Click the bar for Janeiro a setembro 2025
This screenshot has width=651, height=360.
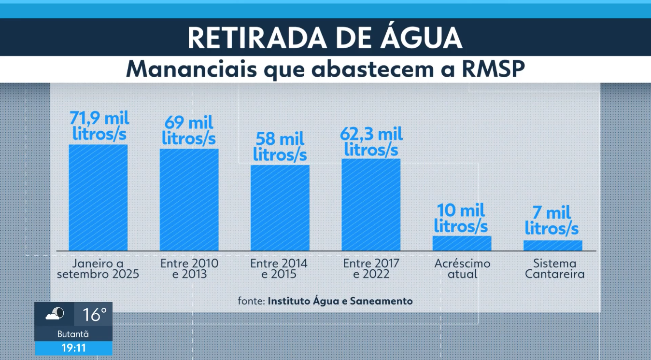(98, 197)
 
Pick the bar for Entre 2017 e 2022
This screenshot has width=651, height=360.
(371, 205)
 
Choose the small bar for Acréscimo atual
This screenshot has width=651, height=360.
(462, 243)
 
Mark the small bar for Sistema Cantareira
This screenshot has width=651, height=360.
(552, 246)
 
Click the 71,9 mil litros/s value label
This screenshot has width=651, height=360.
(100, 126)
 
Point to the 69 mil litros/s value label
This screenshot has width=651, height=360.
(189, 130)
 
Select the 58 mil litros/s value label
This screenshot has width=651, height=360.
(280, 147)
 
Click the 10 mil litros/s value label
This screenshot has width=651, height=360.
(461, 218)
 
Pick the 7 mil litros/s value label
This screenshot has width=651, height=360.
(552, 221)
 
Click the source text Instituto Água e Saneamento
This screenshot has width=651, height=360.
(340, 301)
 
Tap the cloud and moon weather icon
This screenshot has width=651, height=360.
(55, 315)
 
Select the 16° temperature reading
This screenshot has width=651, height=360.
(94, 315)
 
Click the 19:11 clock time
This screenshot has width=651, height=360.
(73, 348)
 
